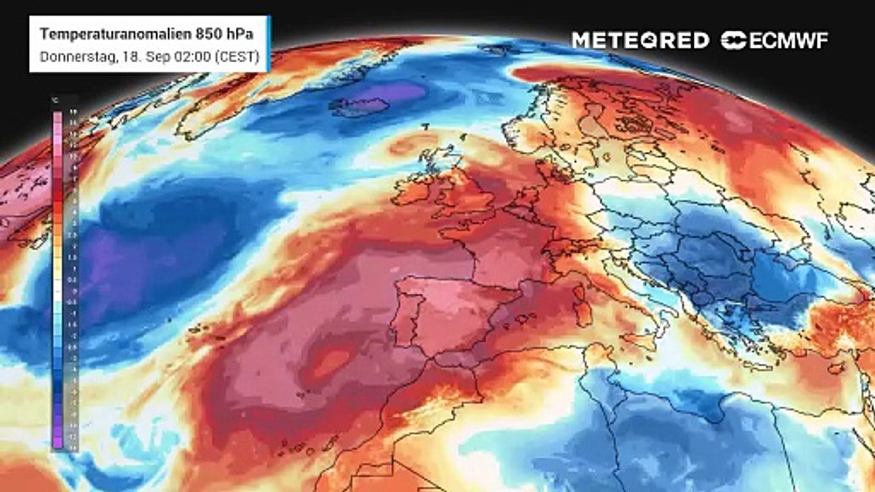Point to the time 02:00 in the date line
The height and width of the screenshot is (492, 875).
(x=189, y=57)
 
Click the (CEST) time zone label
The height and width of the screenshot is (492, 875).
(x=237, y=57)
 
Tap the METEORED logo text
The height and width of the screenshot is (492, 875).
(x=640, y=40)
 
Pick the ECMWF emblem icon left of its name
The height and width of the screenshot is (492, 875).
(x=734, y=40)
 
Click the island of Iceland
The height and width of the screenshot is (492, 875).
(x=360, y=107)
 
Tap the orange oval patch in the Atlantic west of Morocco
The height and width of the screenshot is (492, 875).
(x=331, y=363)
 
